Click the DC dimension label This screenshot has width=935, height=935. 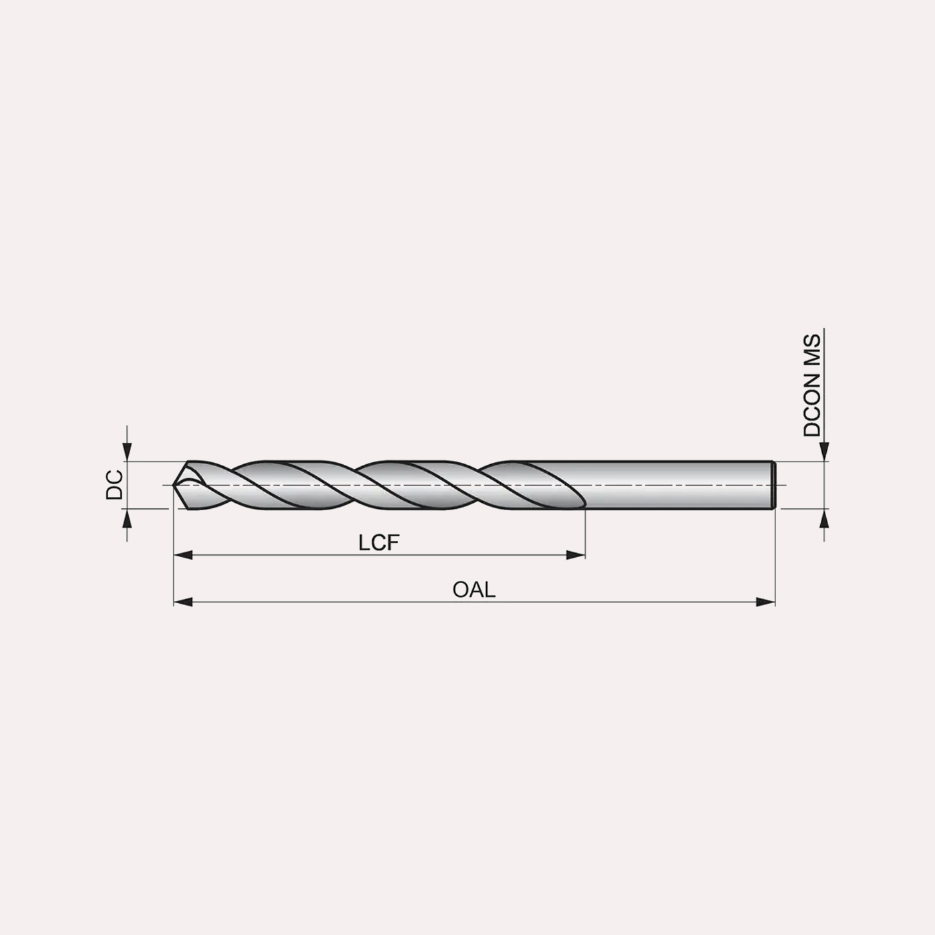[x=114, y=484]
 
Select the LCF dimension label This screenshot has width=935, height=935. [x=379, y=543]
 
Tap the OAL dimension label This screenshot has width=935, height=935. [x=474, y=590]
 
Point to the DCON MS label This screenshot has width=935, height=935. [x=812, y=385]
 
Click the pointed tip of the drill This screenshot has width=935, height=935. [x=173, y=485]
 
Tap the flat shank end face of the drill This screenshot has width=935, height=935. [x=774, y=485]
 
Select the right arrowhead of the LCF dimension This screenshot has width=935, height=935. [x=576, y=555]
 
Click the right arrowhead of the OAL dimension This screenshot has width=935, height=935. [x=765, y=602]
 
